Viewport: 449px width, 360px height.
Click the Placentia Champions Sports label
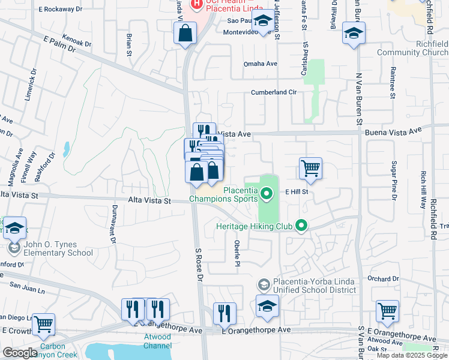(223, 194)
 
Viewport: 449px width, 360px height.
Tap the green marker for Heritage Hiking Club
(301, 226)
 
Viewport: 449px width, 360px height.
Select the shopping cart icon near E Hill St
(310, 169)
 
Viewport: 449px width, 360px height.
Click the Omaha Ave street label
(260, 64)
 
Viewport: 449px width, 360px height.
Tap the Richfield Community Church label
(412, 48)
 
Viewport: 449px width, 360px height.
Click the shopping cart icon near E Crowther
(44, 325)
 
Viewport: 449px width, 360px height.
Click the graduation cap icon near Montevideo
(262, 22)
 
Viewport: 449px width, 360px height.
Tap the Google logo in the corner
(20, 353)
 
